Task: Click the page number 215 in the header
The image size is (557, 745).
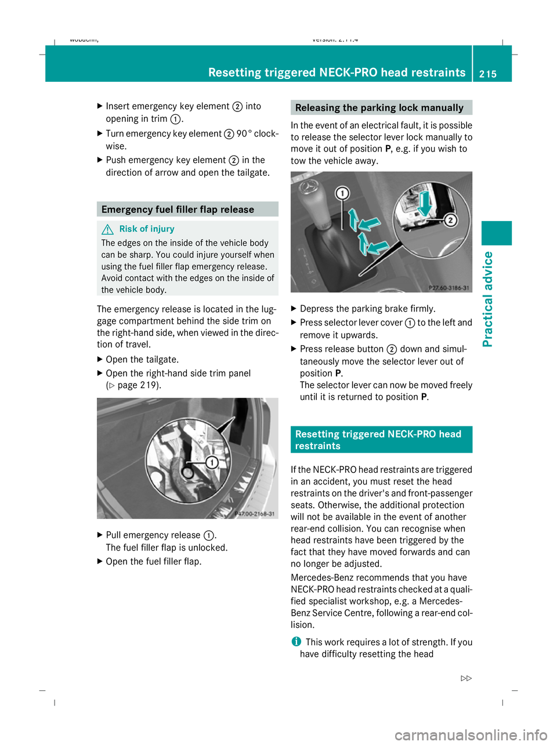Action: [x=488, y=74]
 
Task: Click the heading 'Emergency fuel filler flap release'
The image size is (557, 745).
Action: [x=178, y=209]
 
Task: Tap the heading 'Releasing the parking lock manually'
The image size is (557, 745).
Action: [x=379, y=108]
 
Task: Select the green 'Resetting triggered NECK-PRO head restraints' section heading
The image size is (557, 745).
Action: [x=378, y=440]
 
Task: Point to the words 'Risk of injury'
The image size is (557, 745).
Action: [x=147, y=229]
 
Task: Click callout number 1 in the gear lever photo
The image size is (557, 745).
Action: [x=342, y=193]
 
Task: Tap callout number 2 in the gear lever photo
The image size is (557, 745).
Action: [x=450, y=220]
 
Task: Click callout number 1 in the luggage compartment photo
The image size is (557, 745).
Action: [x=212, y=462]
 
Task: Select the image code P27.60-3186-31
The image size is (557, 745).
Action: [x=449, y=288]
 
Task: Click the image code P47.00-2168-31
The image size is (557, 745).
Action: [x=255, y=513]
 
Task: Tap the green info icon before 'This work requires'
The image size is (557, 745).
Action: [x=296, y=642]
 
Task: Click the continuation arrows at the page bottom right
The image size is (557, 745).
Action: [x=466, y=678]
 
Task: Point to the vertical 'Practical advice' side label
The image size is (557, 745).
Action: [x=488, y=299]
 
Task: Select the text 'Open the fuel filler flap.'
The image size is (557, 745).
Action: [x=154, y=562]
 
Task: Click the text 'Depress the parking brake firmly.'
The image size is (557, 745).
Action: [x=367, y=309]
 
